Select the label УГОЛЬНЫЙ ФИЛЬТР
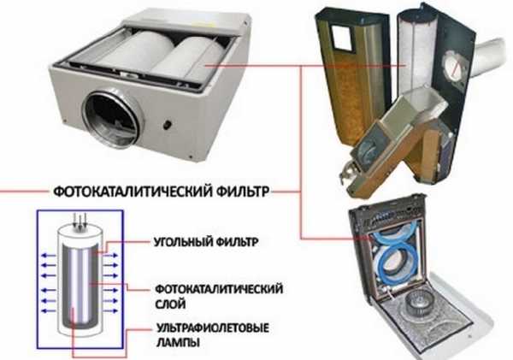click(206, 242)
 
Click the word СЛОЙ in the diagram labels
click(170, 304)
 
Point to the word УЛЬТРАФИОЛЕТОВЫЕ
click(213, 328)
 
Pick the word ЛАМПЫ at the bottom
click(179, 342)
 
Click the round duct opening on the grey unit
click(112, 119)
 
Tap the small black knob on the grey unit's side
click(168, 124)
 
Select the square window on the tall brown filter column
click(341, 38)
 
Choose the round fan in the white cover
click(420, 304)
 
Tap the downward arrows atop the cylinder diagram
click(80, 221)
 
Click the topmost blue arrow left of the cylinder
click(49, 256)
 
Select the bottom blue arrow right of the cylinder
click(110, 310)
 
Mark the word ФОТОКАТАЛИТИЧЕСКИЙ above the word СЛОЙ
click(219, 289)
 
